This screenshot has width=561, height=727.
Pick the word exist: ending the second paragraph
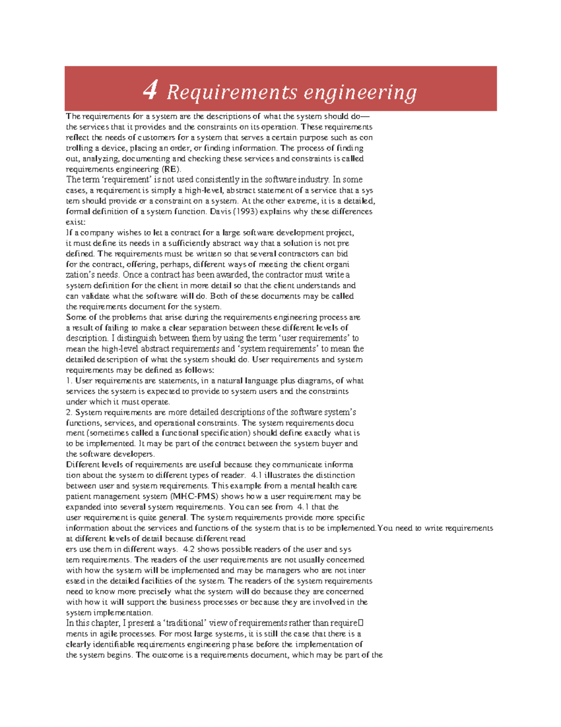[x=76, y=222]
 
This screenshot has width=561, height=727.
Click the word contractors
[x=298, y=254]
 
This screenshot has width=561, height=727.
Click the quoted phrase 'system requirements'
[x=278, y=349]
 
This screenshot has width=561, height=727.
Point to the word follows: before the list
[x=199, y=370]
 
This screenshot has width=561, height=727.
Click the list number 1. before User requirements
[x=70, y=381]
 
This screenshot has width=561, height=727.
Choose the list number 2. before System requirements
[x=70, y=412]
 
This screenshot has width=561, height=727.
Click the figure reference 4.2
[x=189, y=549]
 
